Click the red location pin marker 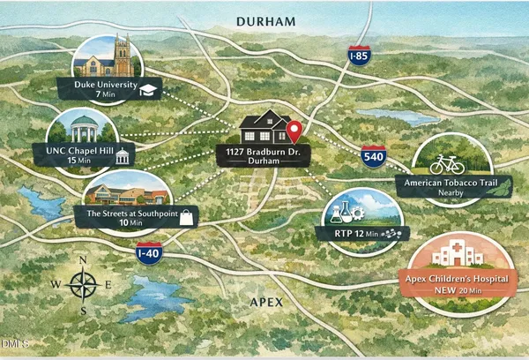[x=294, y=131]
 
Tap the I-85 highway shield [x=358, y=56]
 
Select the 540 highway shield [x=372, y=157]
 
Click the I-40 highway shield [x=149, y=252]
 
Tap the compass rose [x=84, y=285]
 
